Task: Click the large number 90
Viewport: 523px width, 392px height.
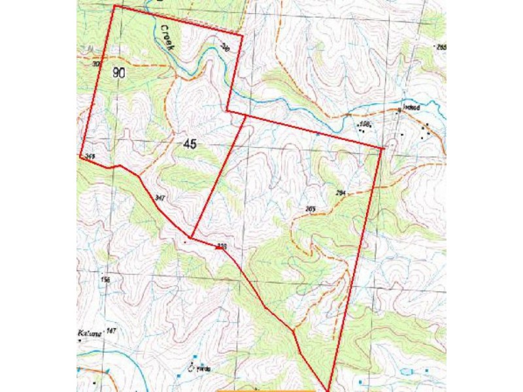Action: coord(118,73)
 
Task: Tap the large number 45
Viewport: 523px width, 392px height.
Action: coord(190,143)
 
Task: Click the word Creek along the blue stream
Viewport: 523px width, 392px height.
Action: coord(167,38)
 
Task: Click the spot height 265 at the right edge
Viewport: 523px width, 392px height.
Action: coord(441,46)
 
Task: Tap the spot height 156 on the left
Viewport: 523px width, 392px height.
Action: coord(105,280)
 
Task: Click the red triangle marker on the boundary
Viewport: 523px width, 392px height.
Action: coord(218,247)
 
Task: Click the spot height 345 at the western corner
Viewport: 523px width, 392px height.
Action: coord(90,156)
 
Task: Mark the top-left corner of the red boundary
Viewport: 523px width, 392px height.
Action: coord(114,6)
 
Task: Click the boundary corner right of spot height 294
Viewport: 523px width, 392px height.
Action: coord(382,149)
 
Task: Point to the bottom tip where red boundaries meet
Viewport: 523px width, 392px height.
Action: coord(327,391)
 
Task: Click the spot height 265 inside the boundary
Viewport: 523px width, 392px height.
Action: coord(311,208)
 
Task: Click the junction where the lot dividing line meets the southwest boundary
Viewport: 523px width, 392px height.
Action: coord(190,237)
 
